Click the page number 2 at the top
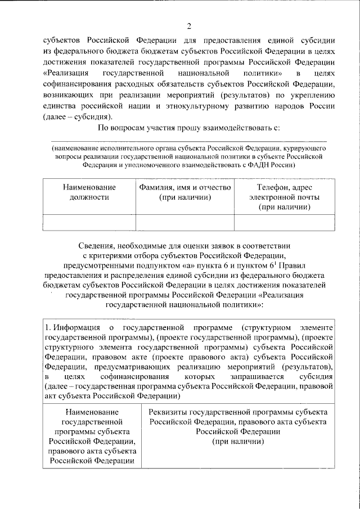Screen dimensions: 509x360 pyautogui.click(x=190, y=26)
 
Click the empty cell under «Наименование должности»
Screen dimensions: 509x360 pyautogui.click(x=89, y=223)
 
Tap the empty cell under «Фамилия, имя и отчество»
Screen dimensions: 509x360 pyautogui.click(x=184, y=223)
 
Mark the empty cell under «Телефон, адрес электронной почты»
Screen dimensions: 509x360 pyautogui.click(x=284, y=223)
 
